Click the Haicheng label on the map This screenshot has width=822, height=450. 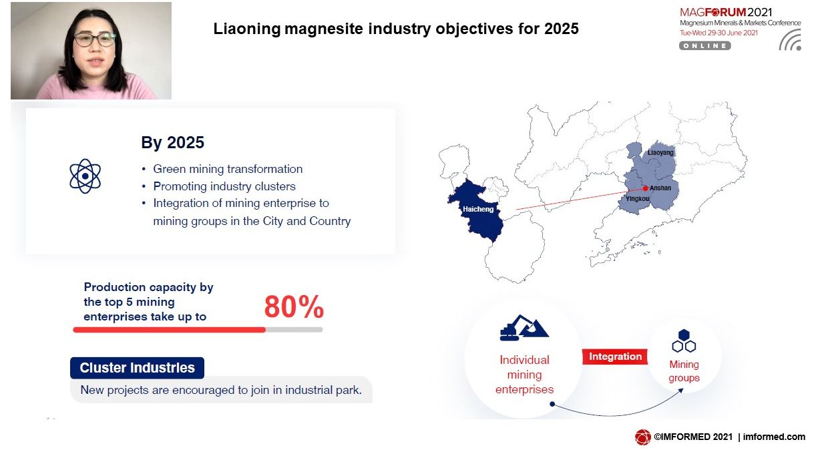478,209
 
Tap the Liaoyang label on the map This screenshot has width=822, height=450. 660,152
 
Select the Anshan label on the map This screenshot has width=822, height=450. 660,188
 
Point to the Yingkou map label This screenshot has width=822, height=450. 638,198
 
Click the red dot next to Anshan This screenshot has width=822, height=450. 646,188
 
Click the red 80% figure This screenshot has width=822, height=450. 294,307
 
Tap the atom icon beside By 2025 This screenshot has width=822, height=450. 85,176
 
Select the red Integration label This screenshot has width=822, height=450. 615,357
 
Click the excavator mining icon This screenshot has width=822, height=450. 524,328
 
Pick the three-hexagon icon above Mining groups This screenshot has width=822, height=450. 684,341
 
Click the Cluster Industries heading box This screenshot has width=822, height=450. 138,368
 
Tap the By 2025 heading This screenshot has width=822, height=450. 172,142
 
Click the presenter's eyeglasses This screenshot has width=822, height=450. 95,39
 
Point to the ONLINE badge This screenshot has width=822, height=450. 705,45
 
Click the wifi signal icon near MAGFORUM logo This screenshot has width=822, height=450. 791,40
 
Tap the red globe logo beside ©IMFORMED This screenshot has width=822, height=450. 642,437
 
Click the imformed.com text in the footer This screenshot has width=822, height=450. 775,437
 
